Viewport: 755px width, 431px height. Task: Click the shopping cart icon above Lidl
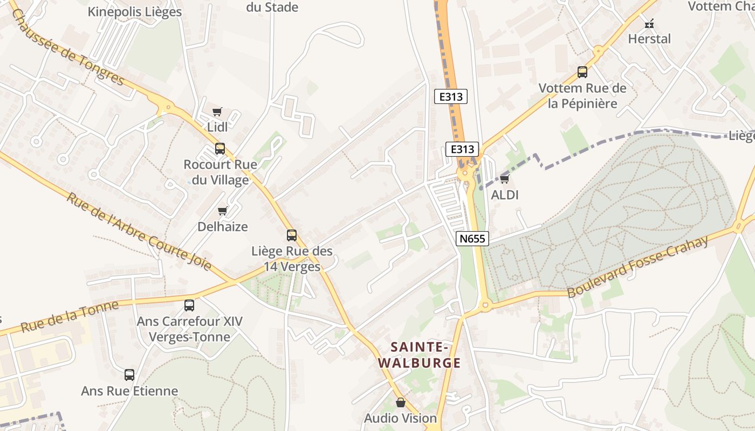[217, 112]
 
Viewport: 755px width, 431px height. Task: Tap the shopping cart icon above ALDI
[504, 179]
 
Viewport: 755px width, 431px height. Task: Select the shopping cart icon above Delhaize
[222, 211]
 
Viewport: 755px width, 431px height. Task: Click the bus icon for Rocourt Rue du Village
[220, 149]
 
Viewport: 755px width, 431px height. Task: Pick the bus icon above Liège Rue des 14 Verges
[292, 235]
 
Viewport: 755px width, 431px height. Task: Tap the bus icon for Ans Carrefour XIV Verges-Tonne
[189, 305]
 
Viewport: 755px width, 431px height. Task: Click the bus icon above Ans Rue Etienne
[129, 375]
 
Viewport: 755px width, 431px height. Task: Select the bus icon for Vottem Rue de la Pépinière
[582, 72]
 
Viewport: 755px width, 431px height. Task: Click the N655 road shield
[472, 238]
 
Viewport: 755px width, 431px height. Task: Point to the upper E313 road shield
[451, 97]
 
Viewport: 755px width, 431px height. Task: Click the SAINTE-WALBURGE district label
[419, 354]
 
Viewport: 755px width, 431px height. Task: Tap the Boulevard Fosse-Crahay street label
[637, 267]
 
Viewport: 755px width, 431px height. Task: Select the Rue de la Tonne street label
[70, 317]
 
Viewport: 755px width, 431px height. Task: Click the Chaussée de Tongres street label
[67, 47]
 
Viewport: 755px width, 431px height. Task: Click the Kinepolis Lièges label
[135, 12]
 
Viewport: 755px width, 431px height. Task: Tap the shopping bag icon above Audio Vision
[400, 402]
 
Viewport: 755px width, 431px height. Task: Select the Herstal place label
[649, 39]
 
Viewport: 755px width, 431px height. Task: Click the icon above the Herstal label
[649, 24]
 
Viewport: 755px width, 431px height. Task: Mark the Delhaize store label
[223, 227]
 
